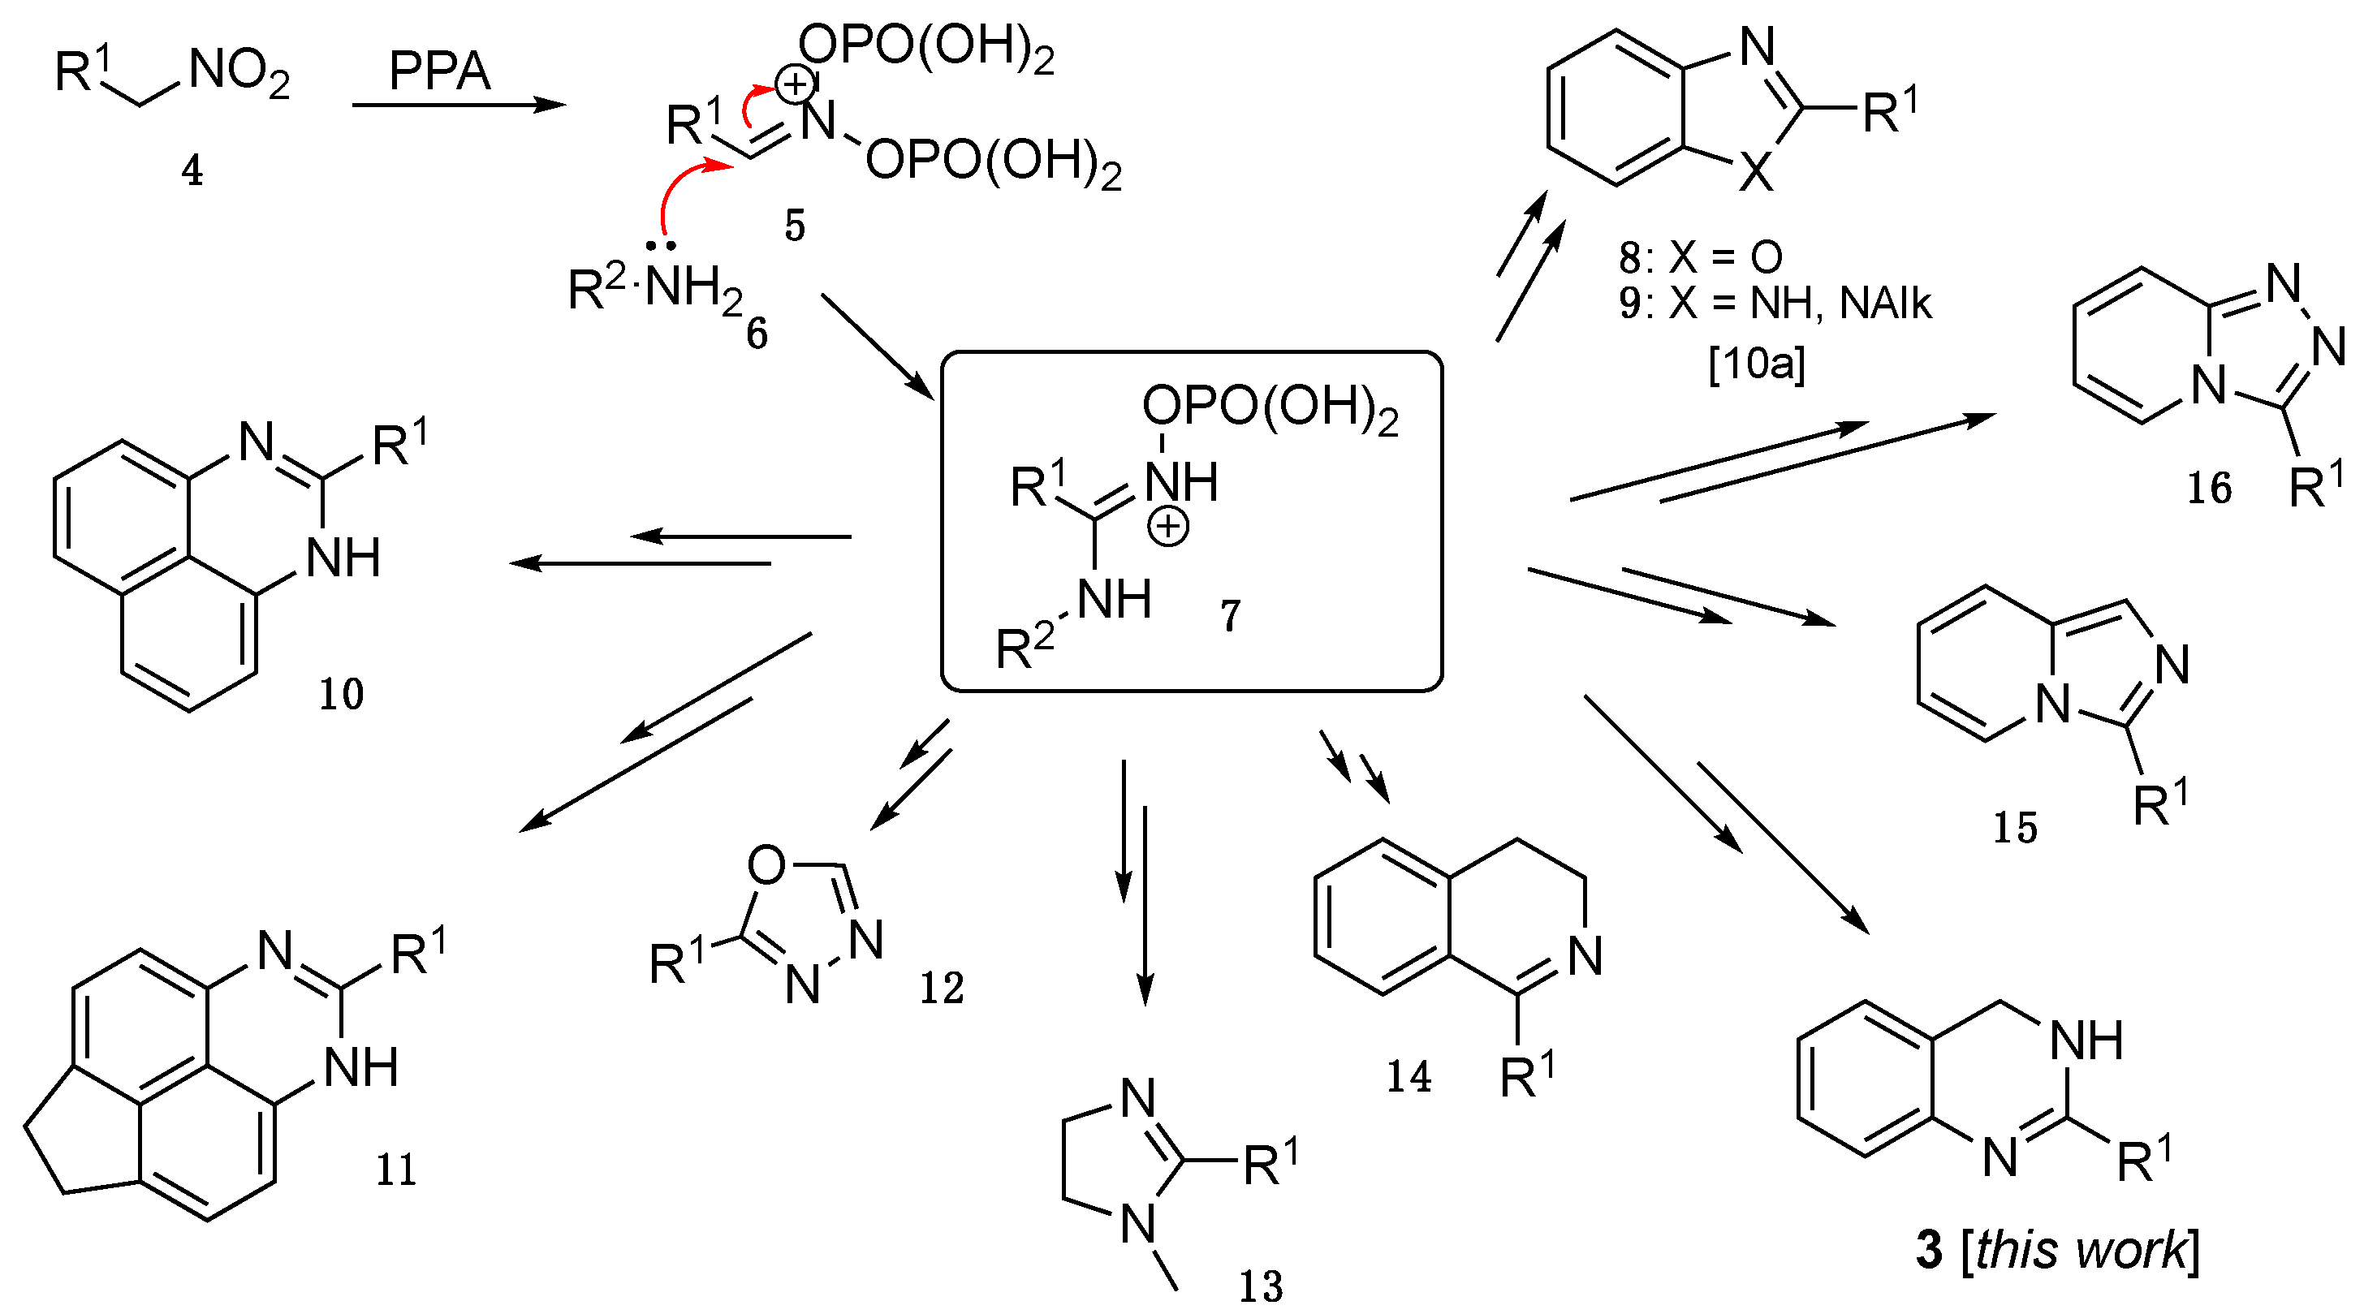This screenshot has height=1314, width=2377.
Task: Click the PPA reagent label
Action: coord(439,72)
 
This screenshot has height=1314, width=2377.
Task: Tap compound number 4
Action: coord(192,171)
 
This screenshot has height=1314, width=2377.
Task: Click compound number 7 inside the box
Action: coord(1231,616)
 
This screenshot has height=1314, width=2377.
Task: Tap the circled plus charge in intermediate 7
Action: coord(1168,528)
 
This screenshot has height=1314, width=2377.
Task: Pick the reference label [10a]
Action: coord(1757,364)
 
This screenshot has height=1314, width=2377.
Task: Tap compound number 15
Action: coord(2015,828)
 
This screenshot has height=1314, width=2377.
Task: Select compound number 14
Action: coord(1409,1077)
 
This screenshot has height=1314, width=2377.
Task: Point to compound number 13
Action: coord(1261,1286)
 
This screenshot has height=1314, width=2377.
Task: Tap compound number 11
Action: coord(396,1171)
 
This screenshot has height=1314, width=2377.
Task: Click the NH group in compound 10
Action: coord(343,559)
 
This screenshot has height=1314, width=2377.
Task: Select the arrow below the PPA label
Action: coord(459,106)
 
